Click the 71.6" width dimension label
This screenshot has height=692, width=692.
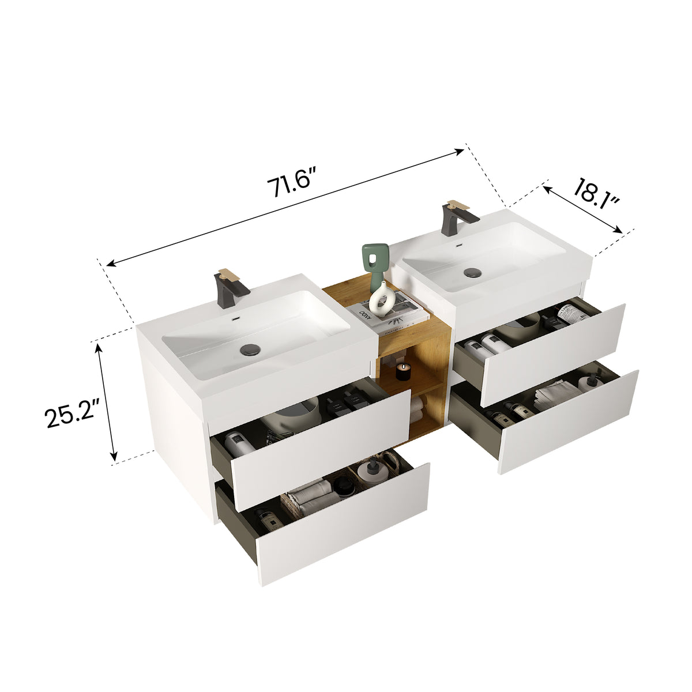292,183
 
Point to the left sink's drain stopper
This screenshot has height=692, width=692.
251,348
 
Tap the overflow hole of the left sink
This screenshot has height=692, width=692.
235,318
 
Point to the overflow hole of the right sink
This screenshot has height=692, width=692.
459,246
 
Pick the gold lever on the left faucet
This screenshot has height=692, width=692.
228,274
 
